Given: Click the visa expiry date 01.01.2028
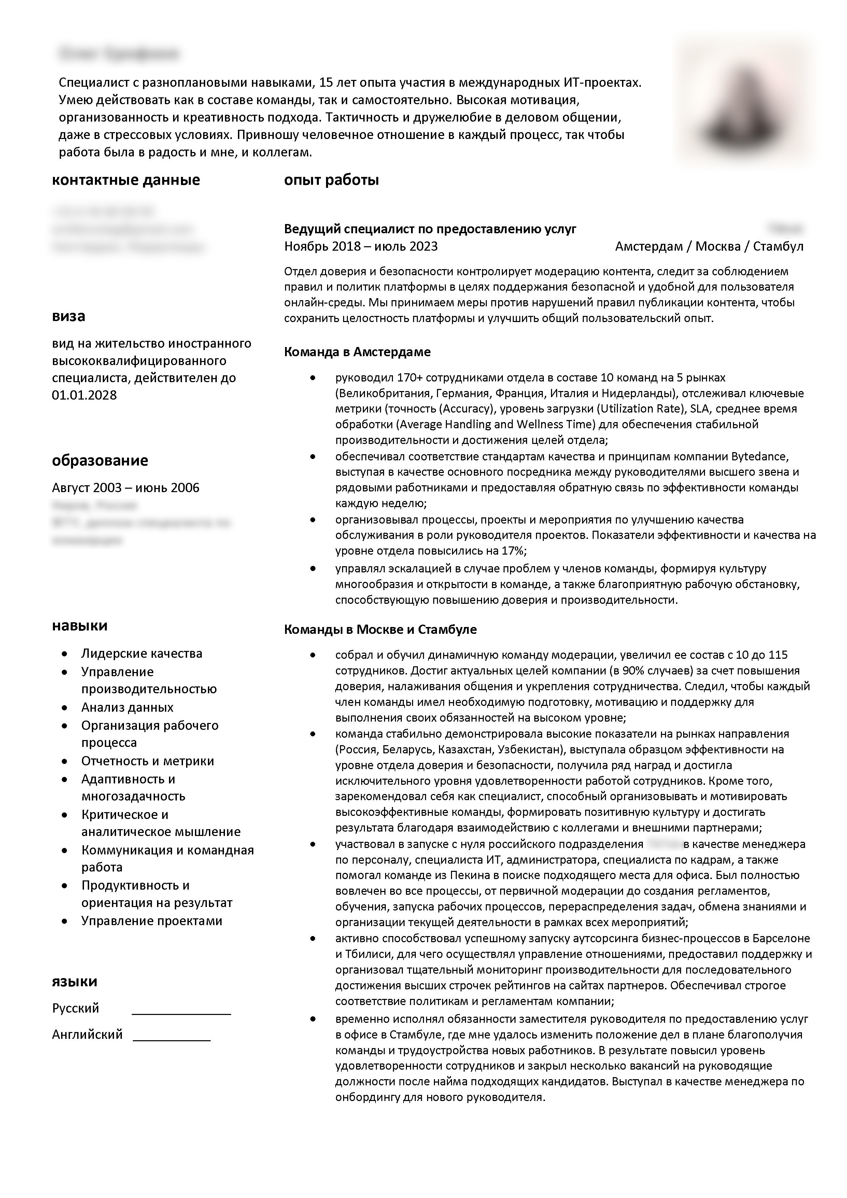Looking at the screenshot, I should [x=84, y=395].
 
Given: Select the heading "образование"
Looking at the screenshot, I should [x=100, y=460].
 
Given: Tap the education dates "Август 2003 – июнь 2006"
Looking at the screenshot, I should [x=126, y=488].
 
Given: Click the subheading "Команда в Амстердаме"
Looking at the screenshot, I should [x=357, y=352].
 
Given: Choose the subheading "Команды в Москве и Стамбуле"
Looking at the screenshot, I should [x=380, y=630].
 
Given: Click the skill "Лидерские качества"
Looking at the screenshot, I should [x=141, y=654].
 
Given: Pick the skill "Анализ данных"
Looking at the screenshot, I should [x=127, y=708].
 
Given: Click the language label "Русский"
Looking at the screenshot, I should [x=76, y=1008].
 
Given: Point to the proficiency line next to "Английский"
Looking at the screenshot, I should [x=172, y=1041].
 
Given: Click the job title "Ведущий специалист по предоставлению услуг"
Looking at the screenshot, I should [x=430, y=229].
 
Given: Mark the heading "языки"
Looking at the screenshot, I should [x=74, y=981].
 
